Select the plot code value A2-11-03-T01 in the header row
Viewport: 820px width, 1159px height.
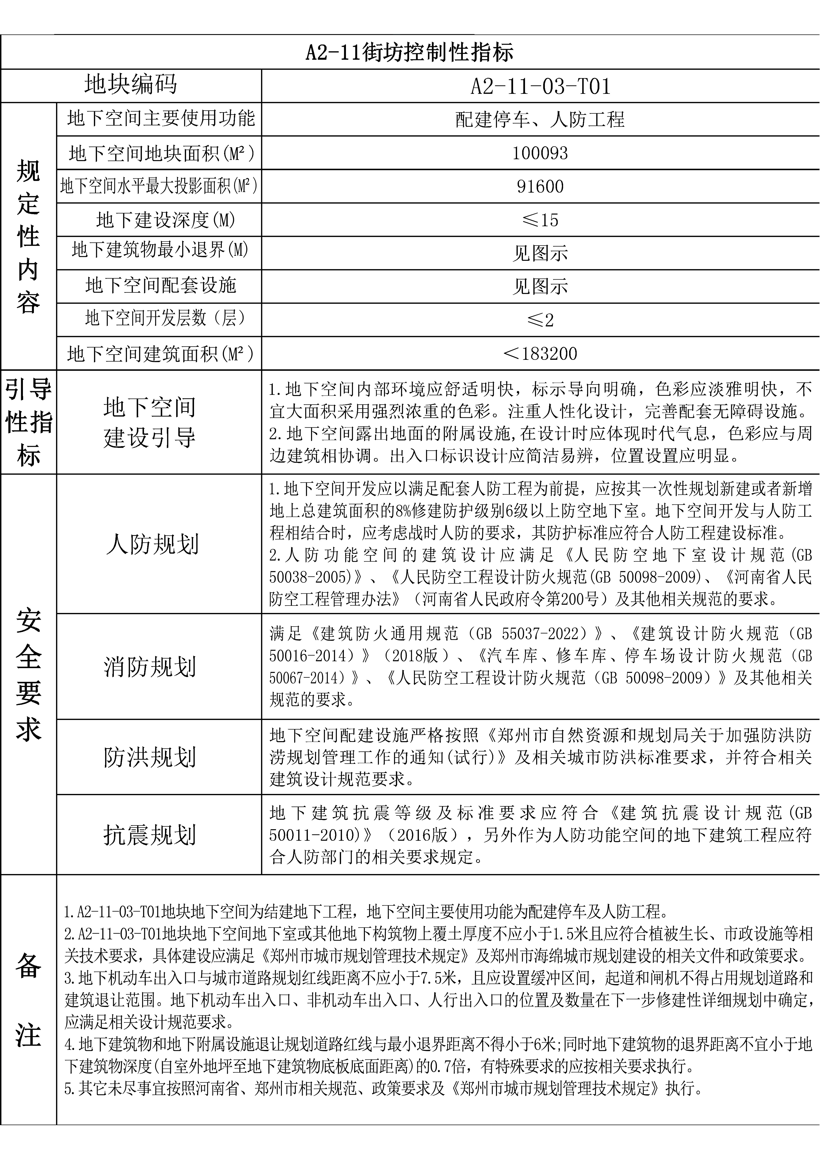coord(540,86)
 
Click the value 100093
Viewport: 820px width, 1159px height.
coord(540,153)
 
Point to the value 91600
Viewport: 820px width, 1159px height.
coord(540,186)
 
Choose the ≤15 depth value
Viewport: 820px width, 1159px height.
coord(540,220)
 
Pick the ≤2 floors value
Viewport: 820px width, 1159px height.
coord(540,319)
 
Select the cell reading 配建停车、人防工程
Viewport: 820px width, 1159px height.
coord(540,120)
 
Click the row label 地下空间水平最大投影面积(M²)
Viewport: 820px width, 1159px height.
coord(159,186)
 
